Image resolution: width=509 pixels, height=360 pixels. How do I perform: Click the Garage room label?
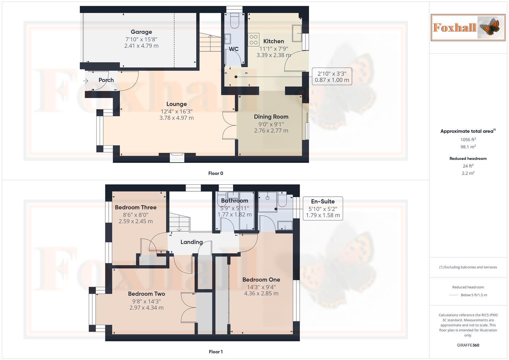pos(141,32)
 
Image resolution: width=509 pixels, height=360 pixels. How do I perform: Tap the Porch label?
pos(106,80)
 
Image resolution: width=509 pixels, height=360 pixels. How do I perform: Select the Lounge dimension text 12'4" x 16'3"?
pos(176,111)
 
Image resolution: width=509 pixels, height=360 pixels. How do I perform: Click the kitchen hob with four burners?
pos(254,40)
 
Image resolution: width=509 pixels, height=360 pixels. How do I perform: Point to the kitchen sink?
pos(297,33)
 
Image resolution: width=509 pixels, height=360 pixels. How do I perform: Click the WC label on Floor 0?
pos(233,49)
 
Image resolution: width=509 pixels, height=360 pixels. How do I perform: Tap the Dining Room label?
pos(271,117)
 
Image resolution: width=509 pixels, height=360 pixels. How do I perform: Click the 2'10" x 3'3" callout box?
pos(332,77)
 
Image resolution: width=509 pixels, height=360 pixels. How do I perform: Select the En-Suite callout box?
pos(323,208)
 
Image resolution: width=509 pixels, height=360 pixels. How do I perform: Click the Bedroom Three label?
pos(136,207)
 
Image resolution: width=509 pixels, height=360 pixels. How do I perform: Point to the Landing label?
pos(192,242)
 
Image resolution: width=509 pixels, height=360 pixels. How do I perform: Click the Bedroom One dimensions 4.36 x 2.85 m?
pos(261,293)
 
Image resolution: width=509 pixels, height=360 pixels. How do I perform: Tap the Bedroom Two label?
pos(146,294)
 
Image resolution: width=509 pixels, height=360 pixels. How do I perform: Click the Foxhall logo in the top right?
pos(468,27)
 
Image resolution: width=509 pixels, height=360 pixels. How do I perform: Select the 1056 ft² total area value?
pos(468,140)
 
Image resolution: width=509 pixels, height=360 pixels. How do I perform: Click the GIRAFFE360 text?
pos(468,345)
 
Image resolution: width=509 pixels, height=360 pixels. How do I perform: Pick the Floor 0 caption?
pos(216,173)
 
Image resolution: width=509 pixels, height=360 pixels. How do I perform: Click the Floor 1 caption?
pos(216,352)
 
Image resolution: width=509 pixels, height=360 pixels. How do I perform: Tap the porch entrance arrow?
pos(86,81)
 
